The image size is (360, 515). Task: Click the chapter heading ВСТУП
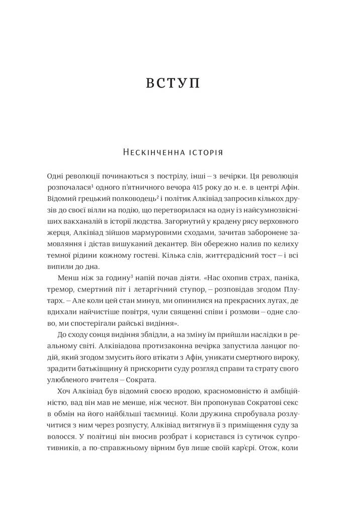click(x=173, y=83)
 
